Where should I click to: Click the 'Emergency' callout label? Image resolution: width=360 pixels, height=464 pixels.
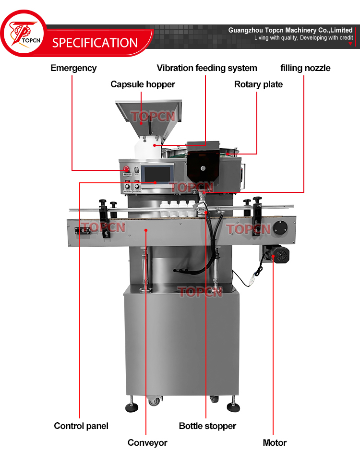point(73,68)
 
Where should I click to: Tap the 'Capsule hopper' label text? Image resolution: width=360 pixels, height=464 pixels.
point(143,84)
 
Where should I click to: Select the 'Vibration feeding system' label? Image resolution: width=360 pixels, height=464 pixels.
point(207,68)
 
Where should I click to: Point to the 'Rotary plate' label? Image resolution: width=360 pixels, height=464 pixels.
point(258,84)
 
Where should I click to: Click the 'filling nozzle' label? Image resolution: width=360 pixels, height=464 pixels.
point(305,68)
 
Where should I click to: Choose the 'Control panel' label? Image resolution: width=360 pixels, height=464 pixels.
point(81,426)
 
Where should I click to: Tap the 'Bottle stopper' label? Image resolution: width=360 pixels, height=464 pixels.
point(207,426)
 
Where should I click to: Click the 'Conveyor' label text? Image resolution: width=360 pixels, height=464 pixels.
point(147,442)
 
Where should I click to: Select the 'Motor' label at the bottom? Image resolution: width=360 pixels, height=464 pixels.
point(275,442)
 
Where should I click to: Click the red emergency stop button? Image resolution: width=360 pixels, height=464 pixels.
point(127,169)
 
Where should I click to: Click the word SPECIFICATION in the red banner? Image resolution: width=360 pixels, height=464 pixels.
point(95,43)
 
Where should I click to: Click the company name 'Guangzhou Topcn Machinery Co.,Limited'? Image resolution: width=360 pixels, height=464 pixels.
point(290,30)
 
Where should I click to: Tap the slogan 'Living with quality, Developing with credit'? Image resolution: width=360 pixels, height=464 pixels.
point(303,37)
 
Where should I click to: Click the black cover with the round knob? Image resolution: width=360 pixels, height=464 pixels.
point(203,166)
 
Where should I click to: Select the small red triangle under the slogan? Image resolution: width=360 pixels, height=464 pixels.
point(350,44)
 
